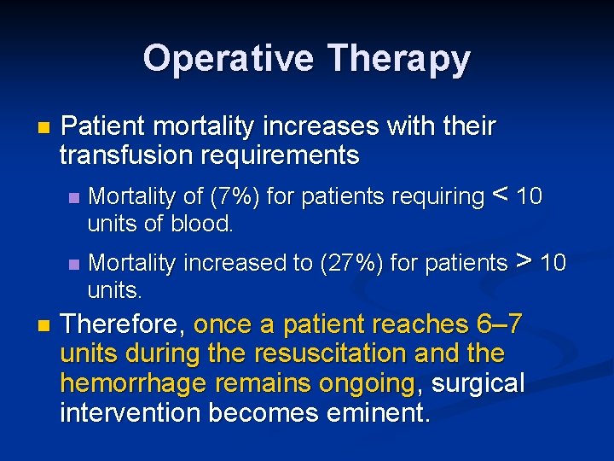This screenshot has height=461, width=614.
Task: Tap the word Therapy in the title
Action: [398, 59]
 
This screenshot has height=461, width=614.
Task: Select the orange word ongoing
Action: [367, 383]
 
